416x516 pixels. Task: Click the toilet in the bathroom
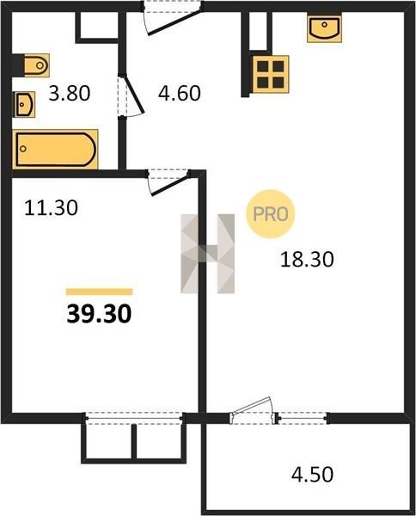click(36, 65)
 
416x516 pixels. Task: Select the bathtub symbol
click(55, 149)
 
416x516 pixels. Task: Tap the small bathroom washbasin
click(24, 105)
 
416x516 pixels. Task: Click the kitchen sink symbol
click(324, 28)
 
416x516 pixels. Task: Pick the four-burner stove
click(271, 74)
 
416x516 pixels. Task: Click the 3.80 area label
click(70, 94)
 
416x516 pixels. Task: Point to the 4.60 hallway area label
click(180, 93)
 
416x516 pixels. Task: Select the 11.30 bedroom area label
click(51, 208)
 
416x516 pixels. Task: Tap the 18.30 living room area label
click(307, 259)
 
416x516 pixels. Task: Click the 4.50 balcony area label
click(312, 475)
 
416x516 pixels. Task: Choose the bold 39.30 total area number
click(99, 314)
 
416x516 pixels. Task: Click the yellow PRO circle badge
click(271, 214)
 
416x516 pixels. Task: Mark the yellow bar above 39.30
click(100, 292)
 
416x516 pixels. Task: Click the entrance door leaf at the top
click(174, 22)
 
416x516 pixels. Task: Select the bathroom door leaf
click(134, 95)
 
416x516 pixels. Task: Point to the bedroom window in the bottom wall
click(134, 418)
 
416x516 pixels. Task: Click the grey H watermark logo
click(207, 254)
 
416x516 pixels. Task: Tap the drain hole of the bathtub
click(23, 149)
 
